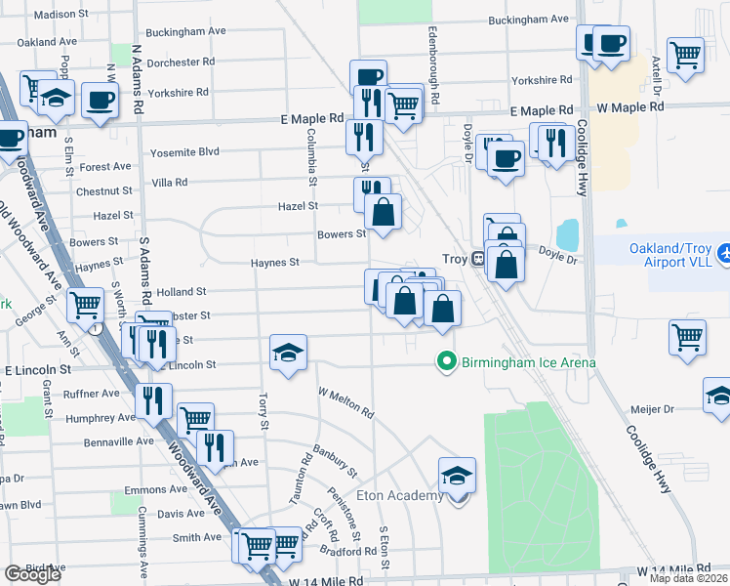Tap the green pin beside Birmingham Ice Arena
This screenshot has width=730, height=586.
447,363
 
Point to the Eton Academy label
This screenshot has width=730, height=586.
400,496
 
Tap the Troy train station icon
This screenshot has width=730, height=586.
478,259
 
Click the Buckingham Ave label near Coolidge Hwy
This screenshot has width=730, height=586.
528,20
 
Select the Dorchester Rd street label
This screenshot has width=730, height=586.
180,62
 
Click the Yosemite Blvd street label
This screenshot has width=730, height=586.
184,152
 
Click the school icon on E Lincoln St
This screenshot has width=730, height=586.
289,352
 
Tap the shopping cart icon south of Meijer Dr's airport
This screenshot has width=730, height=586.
687,337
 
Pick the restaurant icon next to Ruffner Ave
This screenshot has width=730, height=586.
153,399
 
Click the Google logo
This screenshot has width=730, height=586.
32,574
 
